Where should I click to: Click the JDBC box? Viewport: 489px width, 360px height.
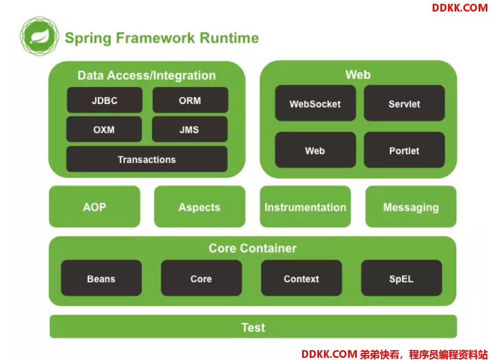pyautogui.click(x=104, y=100)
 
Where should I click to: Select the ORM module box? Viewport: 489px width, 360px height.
pyautogui.click(x=190, y=100)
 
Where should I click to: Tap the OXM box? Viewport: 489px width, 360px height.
pyautogui.click(x=104, y=129)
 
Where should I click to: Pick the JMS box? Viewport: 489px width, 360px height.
pyautogui.click(x=190, y=129)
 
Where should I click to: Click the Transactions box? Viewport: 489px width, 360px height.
pyautogui.click(x=147, y=159)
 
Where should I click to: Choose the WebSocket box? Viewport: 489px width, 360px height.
pyautogui.click(x=315, y=103)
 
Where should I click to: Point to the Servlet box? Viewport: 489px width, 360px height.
pyautogui.click(x=404, y=103)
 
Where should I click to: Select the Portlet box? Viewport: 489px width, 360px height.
pyautogui.click(x=404, y=150)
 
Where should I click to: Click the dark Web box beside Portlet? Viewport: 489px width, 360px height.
pyautogui.click(x=315, y=150)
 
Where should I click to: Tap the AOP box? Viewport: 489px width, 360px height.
pyautogui.click(x=95, y=206)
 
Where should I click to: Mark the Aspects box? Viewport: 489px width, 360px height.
pyautogui.click(x=199, y=206)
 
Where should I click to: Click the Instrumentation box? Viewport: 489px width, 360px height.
pyautogui.click(x=305, y=206)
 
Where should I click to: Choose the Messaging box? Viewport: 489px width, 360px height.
pyautogui.click(x=411, y=206)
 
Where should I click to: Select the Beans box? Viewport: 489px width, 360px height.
pyautogui.click(x=102, y=278)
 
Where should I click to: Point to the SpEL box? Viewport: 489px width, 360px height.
pyautogui.click(x=402, y=278)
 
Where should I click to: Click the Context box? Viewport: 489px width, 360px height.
pyautogui.click(x=302, y=278)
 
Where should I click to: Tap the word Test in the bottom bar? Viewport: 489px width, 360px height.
pyautogui.click(x=253, y=328)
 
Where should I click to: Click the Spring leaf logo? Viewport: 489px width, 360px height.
pyautogui.click(x=39, y=36)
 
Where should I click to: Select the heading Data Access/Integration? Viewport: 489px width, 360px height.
pyautogui.click(x=146, y=75)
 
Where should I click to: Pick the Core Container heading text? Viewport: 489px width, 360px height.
pyautogui.click(x=252, y=249)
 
